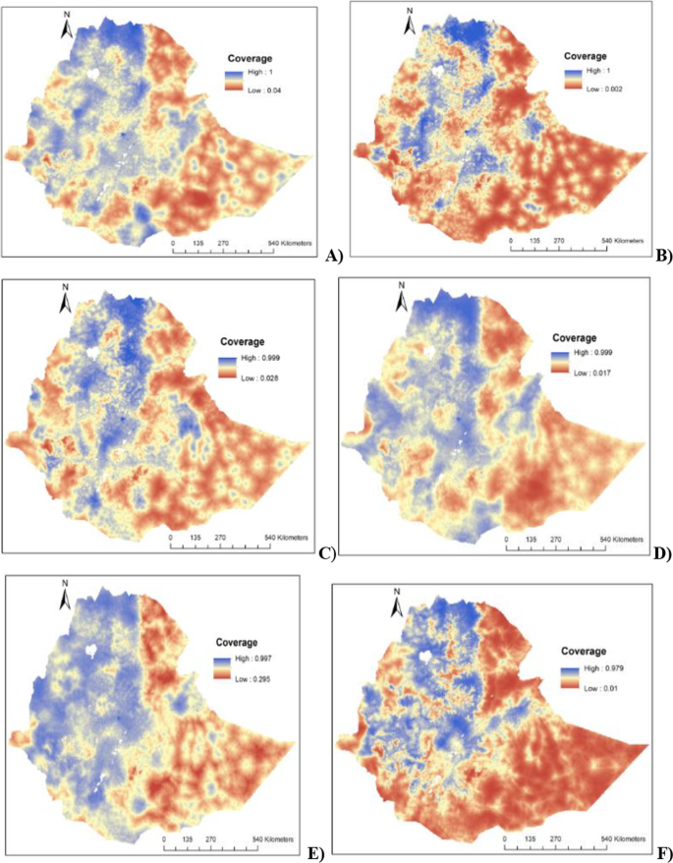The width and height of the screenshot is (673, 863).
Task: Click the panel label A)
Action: pyautogui.click(x=332, y=258)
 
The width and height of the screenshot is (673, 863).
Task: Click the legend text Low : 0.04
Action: pyautogui.click(x=262, y=89)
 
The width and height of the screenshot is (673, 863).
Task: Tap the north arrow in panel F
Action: pyautogui.click(x=398, y=602)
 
